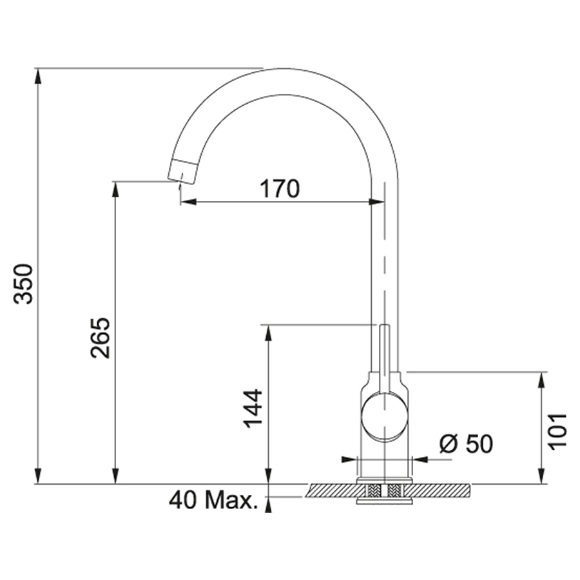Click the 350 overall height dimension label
(24, 284)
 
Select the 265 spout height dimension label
(101, 337)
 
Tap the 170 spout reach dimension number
(279, 189)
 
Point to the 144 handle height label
(253, 409)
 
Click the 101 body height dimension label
(557, 431)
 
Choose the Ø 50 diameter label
(466, 443)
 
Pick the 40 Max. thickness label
(213, 501)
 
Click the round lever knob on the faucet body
(385, 418)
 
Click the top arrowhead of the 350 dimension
(38, 76)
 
